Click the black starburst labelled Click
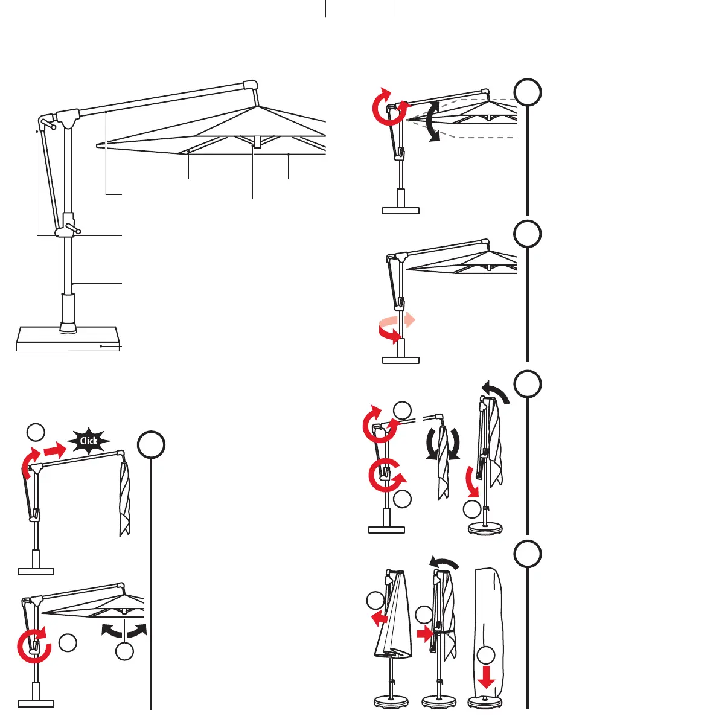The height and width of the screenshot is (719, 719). point(89,441)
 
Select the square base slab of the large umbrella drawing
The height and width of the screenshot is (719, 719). point(66,338)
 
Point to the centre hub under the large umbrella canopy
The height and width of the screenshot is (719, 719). point(257,142)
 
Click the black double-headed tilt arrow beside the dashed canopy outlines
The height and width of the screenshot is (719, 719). point(432,121)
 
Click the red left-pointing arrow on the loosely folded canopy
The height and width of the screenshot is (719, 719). point(379,618)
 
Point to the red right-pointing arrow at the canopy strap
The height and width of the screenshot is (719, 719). point(425,634)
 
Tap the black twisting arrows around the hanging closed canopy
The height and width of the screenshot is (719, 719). point(444,444)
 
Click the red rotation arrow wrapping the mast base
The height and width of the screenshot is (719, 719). point(389,333)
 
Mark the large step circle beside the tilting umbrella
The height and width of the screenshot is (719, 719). point(528,92)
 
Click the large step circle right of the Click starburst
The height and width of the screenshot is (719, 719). point(150,445)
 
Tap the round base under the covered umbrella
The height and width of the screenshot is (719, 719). point(485,701)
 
